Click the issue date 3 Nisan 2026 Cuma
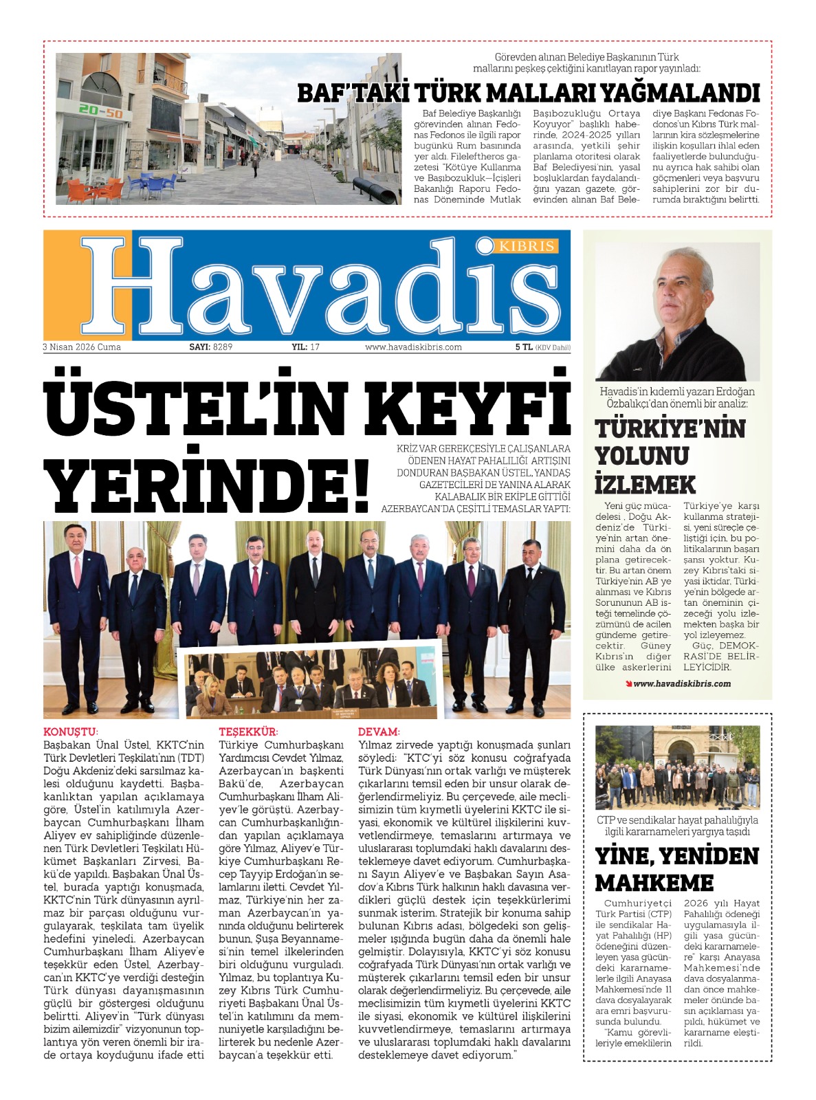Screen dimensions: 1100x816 (x=82, y=347)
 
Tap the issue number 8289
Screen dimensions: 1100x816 (x=223, y=347)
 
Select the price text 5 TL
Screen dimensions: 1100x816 (x=524, y=347)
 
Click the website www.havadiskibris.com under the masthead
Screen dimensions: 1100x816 (x=413, y=347)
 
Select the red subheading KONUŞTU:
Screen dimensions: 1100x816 (x=71, y=732)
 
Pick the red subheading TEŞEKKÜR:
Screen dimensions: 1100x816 (x=248, y=732)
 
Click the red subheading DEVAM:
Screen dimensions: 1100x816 (x=379, y=732)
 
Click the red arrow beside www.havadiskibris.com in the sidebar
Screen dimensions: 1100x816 (x=628, y=683)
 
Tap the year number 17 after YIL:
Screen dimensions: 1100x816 (x=315, y=347)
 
